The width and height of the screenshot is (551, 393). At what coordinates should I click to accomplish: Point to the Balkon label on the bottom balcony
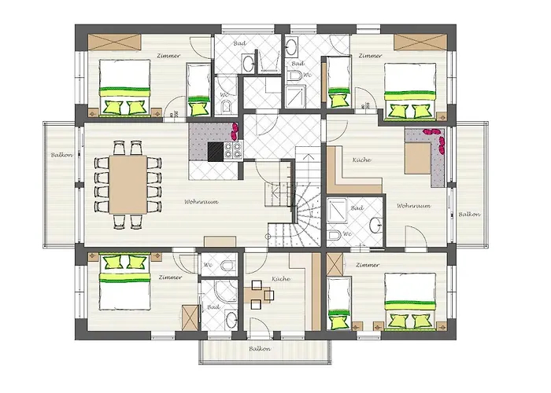click(260, 348)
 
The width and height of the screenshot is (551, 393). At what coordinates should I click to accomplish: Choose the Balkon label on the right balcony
click(470, 214)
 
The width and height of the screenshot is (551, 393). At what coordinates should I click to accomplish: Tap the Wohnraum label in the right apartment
click(412, 206)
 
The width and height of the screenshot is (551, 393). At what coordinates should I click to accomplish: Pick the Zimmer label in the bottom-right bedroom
click(368, 266)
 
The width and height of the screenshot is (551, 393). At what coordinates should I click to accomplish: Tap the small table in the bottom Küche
click(258, 295)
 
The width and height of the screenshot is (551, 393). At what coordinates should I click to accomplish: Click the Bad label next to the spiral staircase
click(357, 208)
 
